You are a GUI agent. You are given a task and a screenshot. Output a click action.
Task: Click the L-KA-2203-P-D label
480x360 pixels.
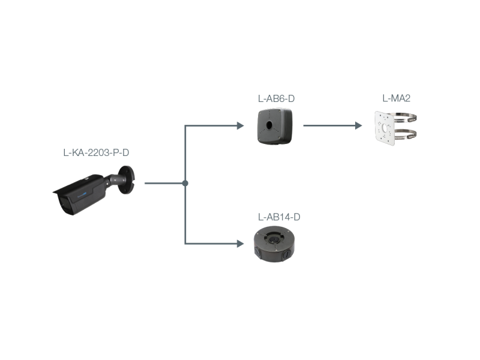pos(96,153)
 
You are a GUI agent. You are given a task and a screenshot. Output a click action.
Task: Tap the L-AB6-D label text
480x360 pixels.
pos(275,98)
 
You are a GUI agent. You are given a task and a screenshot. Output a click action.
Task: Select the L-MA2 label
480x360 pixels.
pos(397,98)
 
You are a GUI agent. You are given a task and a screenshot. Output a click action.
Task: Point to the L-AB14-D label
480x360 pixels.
pos(278,217)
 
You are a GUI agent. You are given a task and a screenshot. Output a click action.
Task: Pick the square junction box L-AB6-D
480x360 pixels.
pos(275,126)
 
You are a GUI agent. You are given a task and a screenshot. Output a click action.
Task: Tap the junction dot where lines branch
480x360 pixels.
pos(185,183)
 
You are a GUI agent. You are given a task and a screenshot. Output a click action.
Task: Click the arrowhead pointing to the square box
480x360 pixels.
pos(241,126)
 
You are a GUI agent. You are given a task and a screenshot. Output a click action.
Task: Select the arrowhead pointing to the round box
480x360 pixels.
pos(241,244)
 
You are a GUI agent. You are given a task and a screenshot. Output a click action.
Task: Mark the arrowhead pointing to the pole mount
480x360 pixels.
pos(359,126)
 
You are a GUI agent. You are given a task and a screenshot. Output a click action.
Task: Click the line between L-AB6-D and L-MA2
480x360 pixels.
pos(330,126)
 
